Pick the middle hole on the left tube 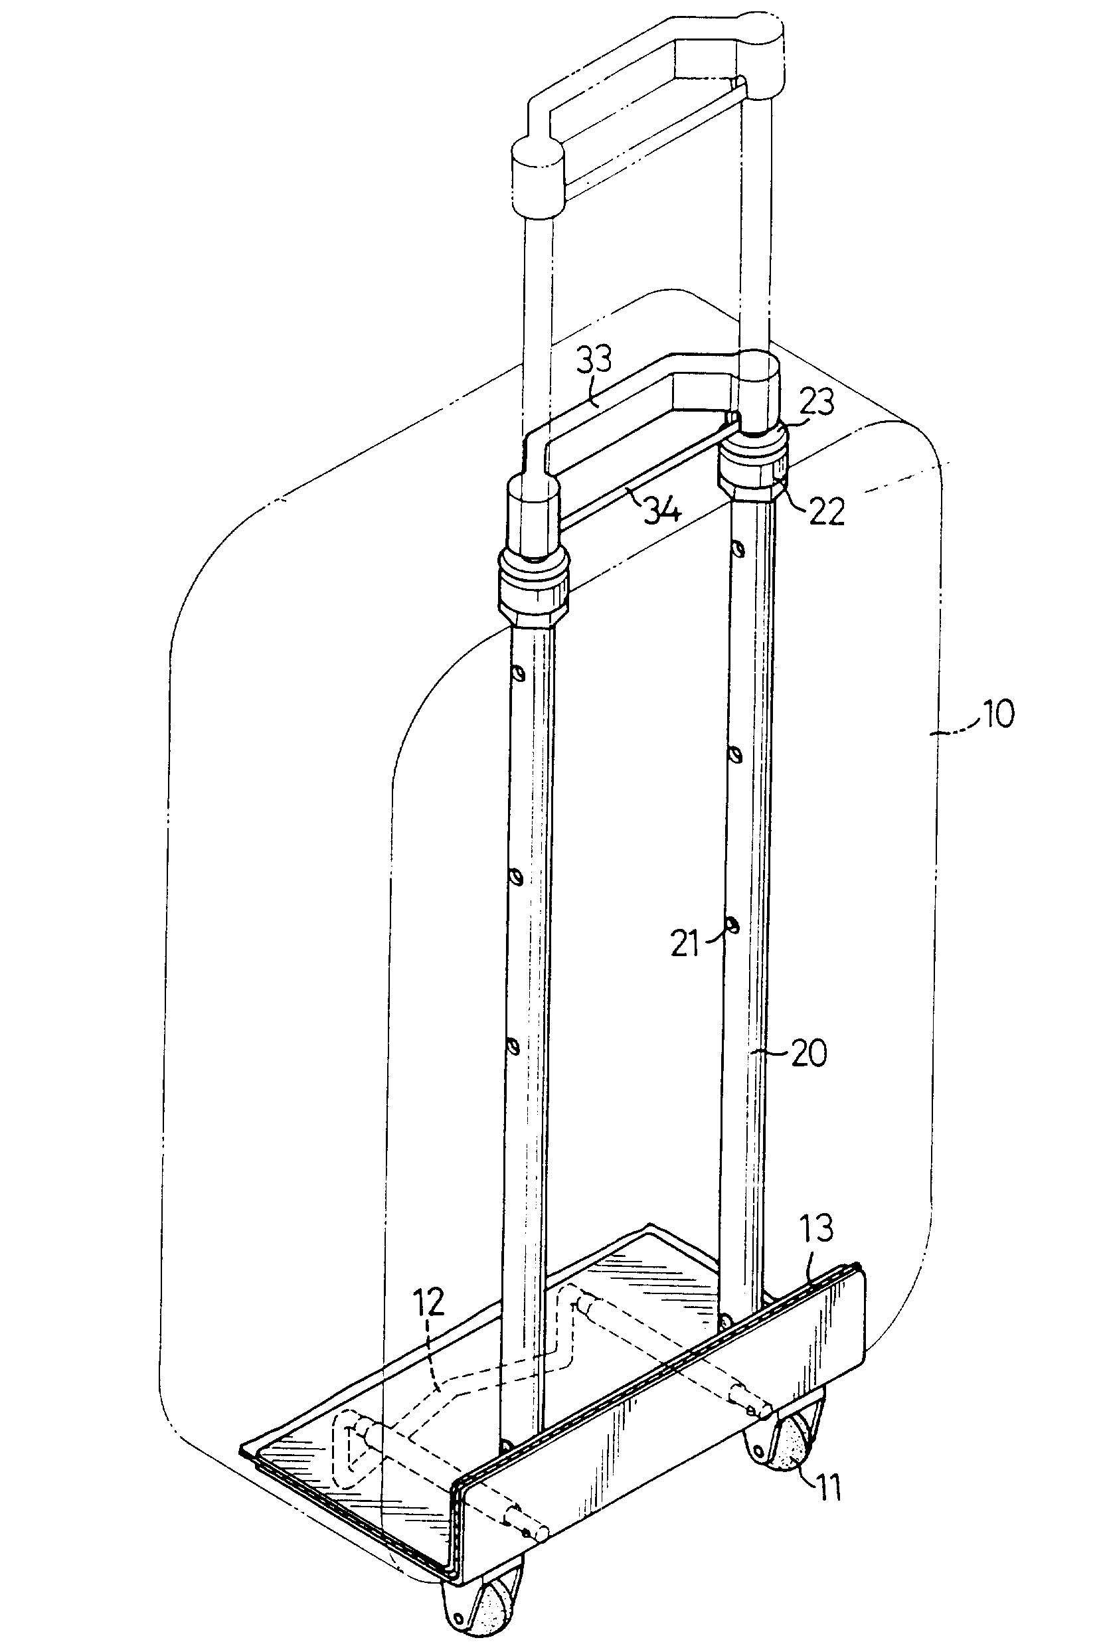[x=517, y=878]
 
